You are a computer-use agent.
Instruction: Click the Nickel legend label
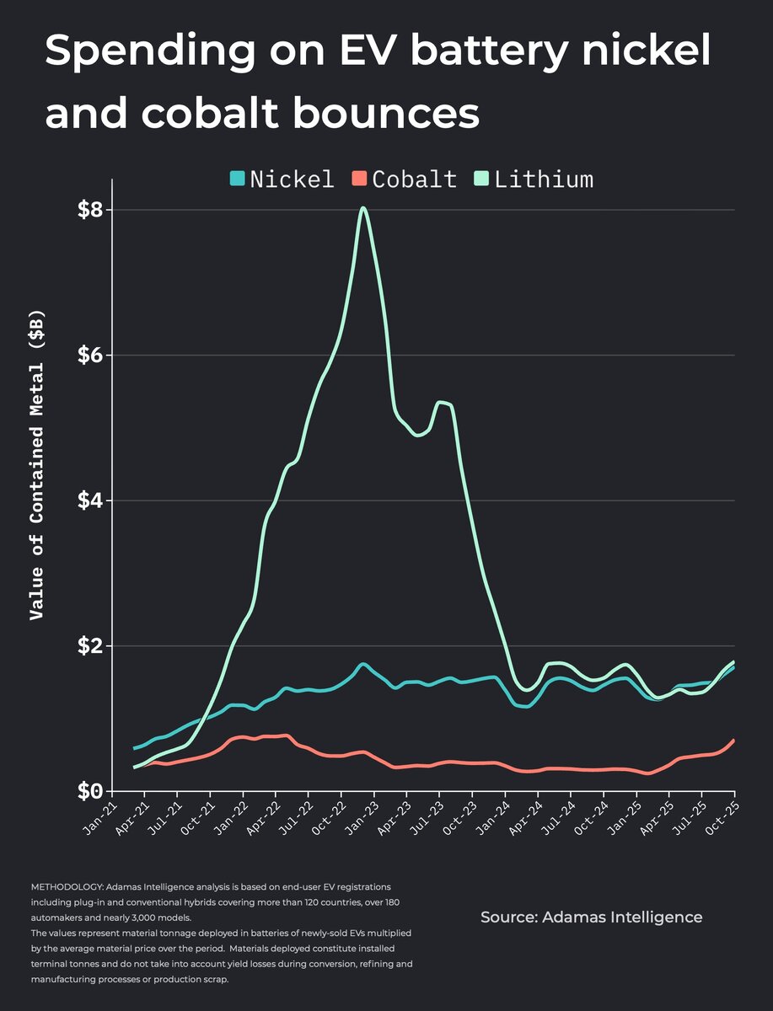pyautogui.click(x=292, y=179)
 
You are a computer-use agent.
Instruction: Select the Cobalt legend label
pyautogui.click(x=414, y=179)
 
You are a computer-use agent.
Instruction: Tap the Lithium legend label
pyautogui.click(x=544, y=179)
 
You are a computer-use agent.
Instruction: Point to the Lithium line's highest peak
pyautogui.click(x=362, y=208)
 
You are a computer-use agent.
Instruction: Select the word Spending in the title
pyautogui.click(x=144, y=52)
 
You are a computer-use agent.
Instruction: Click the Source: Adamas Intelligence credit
pyautogui.click(x=591, y=917)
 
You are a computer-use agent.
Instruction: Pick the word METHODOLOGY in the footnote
pyautogui.click(x=62, y=888)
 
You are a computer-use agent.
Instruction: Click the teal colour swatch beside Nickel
pyautogui.click(x=238, y=179)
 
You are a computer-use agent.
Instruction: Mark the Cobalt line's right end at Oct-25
pyautogui.click(x=733, y=741)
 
